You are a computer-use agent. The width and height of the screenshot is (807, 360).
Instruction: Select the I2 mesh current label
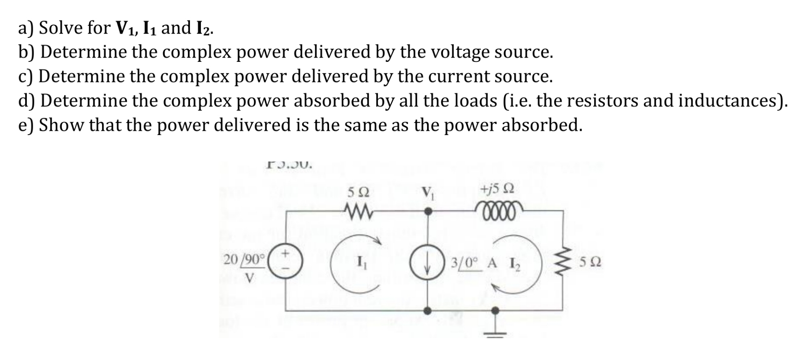click(x=514, y=264)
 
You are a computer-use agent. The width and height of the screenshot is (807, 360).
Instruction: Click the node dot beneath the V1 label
click(x=427, y=211)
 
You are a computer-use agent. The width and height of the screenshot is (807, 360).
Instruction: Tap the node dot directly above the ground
click(x=496, y=310)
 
